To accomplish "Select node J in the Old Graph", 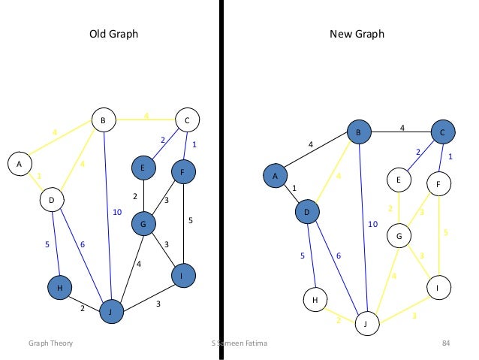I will tap(112, 310).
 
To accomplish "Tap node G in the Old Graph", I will tap(143, 223).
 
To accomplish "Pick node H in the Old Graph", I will tap(59, 288).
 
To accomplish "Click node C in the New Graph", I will tap(442, 133).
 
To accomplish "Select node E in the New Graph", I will tap(399, 180).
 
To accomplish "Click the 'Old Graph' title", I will tap(113, 35).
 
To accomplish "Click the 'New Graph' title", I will tap(357, 35).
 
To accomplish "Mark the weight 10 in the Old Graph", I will tap(116, 213).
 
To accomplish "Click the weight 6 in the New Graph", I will tap(338, 256).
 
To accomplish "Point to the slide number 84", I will tap(445, 343).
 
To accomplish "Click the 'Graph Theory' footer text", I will tap(50, 343).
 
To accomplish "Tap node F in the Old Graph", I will tap(184, 172).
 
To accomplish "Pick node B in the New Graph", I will tap(359, 133).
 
